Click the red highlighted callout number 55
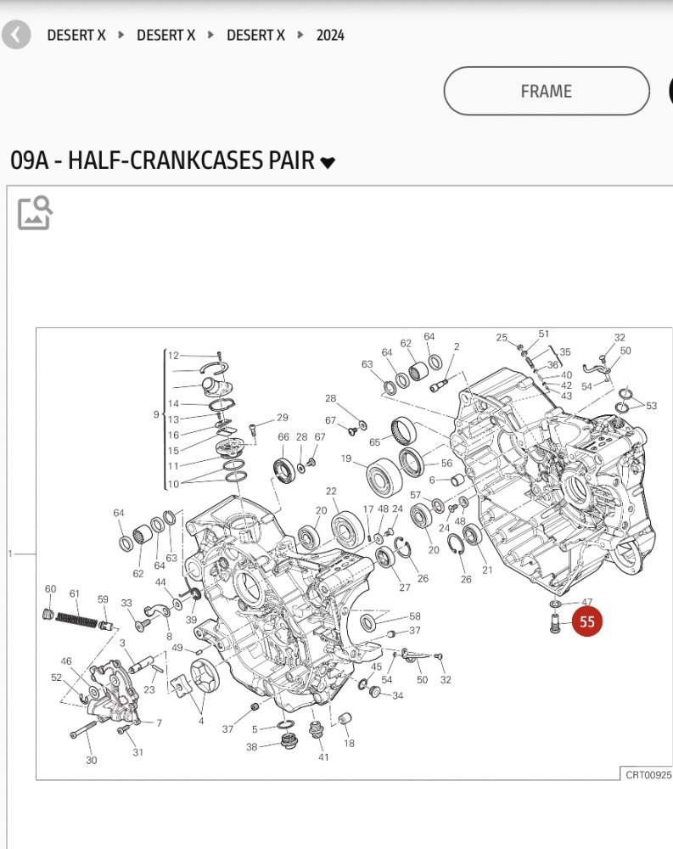click(587, 622)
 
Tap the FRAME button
click(546, 91)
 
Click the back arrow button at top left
click(16, 35)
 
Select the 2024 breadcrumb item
click(330, 35)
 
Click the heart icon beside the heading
click(328, 162)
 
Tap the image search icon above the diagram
click(35, 212)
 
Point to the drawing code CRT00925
click(648, 774)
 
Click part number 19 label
click(346, 458)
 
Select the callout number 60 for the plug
click(50, 589)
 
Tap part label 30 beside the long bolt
click(91, 760)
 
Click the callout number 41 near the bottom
click(323, 756)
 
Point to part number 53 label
click(651, 406)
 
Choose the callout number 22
click(331, 492)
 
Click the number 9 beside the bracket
click(156, 414)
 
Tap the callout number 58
click(415, 616)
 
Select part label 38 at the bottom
click(252, 747)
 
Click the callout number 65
click(374, 442)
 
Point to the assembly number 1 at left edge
click(10, 554)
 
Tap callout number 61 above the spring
click(75, 593)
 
